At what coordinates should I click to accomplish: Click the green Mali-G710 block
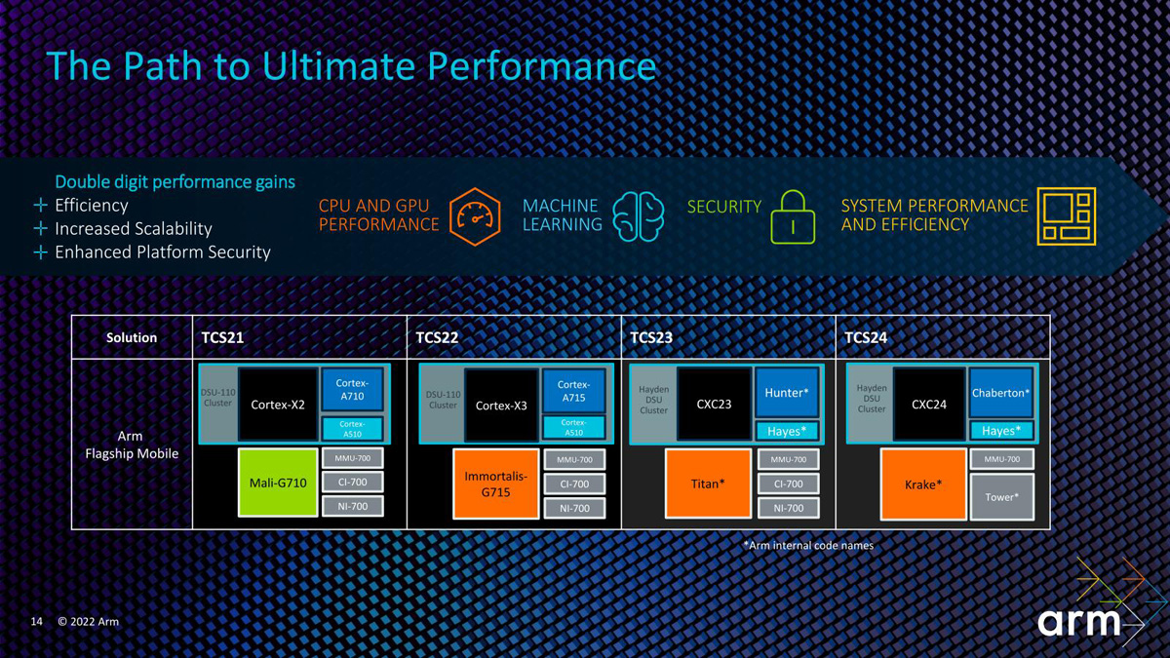[x=278, y=483]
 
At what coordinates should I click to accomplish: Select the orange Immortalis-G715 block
[x=495, y=484]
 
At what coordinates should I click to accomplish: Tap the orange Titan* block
[x=707, y=484]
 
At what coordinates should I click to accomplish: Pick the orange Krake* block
[x=922, y=484]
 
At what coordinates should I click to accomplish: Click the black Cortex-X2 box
[x=279, y=405]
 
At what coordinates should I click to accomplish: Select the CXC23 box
[x=714, y=404]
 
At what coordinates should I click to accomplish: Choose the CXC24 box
[x=929, y=404]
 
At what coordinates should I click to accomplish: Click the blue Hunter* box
[x=786, y=393]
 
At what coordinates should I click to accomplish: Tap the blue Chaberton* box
[x=1000, y=393]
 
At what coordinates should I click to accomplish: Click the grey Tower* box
[x=1001, y=497]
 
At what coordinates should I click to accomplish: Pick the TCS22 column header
[x=437, y=337]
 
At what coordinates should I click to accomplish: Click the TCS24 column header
[x=866, y=337]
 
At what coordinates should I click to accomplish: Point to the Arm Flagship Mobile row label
[x=131, y=445]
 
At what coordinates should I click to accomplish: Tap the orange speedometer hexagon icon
[x=475, y=214]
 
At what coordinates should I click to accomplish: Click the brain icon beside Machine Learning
[x=639, y=215]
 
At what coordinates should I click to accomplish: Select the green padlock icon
[x=793, y=215]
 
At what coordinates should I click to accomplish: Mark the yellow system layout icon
[x=1066, y=215]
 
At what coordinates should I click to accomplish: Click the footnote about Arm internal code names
[x=808, y=546]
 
